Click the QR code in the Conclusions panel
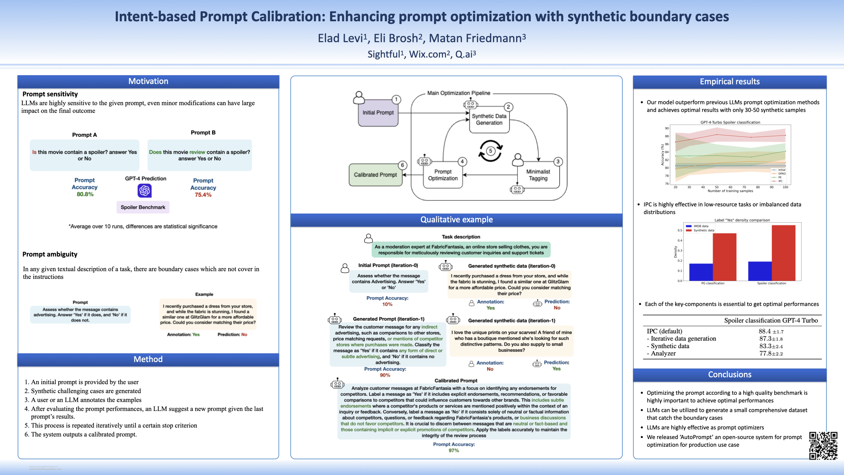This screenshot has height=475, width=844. pos(823,445)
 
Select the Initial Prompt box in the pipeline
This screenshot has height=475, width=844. pos(378,113)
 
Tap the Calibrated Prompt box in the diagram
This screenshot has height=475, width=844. pos(375,175)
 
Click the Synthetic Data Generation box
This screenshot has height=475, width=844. pos(489,119)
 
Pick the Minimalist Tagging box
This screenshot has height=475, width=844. pos(538,175)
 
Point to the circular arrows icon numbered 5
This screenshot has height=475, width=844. pos(491,151)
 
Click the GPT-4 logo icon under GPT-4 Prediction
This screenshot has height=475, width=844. pos(145,191)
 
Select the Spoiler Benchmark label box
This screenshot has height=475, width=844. pos(143,207)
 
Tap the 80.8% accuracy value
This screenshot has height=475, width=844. pos(85,194)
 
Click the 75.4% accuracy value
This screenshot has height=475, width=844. pos(203,195)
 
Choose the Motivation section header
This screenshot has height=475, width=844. pos(148,81)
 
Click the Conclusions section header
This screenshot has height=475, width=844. pos(730,375)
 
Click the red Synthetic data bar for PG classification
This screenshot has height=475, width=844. pos(724,257)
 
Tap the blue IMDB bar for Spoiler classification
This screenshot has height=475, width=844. pos(760,271)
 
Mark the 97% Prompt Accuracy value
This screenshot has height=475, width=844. pos(454,450)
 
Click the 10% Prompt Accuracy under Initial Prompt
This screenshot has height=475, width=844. pos(387,305)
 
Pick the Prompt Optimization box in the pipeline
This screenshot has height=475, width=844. pos(443,175)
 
